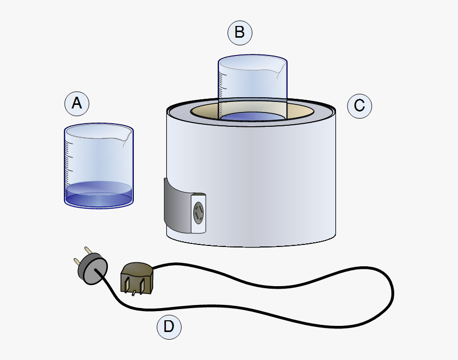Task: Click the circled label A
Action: point(77,104)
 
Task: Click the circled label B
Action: point(240,33)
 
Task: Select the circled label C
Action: point(359,106)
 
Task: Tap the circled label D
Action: point(169,327)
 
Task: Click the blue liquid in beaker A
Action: point(99,196)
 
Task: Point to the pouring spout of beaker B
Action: point(280,68)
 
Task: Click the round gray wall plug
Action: point(93,268)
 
